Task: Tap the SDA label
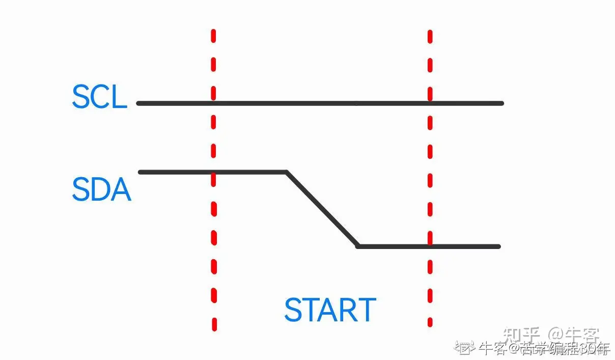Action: coord(101,189)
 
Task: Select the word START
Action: coord(330,310)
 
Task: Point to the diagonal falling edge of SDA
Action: coord(322,209)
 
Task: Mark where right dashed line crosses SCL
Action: coord(430,103)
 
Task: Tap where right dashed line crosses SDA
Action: coord(430,246)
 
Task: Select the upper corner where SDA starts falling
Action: coord(287,172)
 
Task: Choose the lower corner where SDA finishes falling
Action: coord(358,246)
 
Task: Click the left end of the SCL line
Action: coord(139,103)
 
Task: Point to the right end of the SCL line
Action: coord(501,103)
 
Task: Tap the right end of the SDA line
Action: coord(498,246)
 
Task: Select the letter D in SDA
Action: coord(101,189)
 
